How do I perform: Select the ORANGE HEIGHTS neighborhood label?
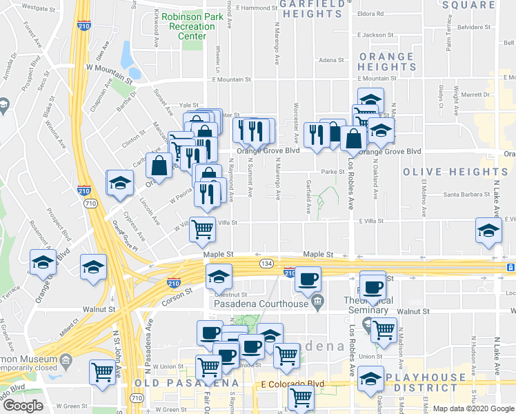[x=386, y=61]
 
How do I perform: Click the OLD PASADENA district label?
[x=187, y=383]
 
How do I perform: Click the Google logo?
[x=23, y=406]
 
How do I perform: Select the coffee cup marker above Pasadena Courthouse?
[x=308, y=279]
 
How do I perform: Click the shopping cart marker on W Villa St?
[x=202, y=229]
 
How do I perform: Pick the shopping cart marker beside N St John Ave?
[x=103, y=373]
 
